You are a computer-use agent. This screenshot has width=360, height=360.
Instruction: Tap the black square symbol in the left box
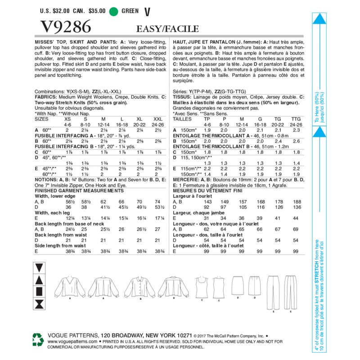click(39, 292)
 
